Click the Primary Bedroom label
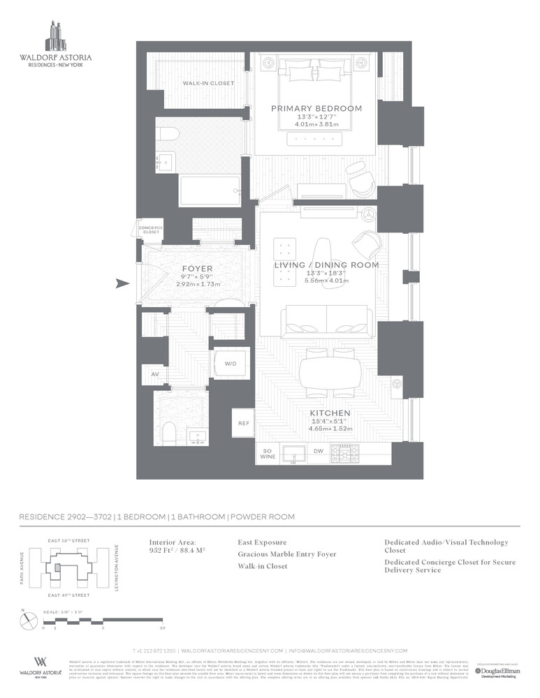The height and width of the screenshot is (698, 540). pos(316,108)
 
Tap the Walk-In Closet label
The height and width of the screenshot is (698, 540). pos(208,83)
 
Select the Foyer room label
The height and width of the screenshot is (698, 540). pos(197,268)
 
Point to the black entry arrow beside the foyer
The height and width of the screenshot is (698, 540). pos(123,283)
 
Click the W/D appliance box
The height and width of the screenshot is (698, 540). pos(230,364)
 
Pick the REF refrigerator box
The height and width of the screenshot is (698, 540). pos(244,423)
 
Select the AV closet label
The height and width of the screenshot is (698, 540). pos(154,375)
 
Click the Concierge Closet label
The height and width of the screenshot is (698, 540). pos(150,230)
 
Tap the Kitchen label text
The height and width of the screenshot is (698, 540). pos(330,413)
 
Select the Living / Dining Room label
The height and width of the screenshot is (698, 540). pos(326,265)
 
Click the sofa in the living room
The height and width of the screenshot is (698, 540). pos(325,321)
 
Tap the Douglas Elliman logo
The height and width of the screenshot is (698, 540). pos(496,671)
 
